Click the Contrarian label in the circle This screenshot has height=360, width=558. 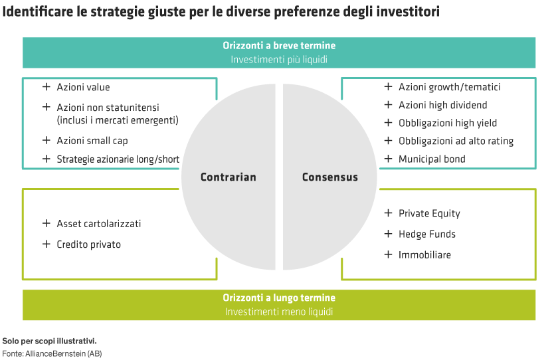pos(228,177)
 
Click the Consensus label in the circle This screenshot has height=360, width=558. pos(329,177)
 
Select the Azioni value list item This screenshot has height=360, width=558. pos(83,88)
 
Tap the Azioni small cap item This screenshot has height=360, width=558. pos(92,141)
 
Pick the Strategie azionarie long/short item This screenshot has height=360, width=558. pos(118,159)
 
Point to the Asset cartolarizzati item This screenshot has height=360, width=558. pos(98,224)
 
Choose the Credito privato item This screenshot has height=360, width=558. pos(88,244)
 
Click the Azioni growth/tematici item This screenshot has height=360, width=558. pos(449,87)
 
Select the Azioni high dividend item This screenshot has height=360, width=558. pos(442,105)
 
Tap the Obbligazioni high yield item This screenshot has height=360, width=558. pos(448,123)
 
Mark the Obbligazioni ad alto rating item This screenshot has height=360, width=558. pos(456,141)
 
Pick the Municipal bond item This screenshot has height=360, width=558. pos(432,159)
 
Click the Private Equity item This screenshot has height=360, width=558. pos(429,214)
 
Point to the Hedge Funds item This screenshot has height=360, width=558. pos(427,234)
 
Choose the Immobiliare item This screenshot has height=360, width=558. pos(424,255)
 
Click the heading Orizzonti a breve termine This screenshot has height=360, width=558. pos(279,46)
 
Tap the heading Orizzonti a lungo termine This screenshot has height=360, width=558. pos(279,298)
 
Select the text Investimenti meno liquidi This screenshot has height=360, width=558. pos(279,312)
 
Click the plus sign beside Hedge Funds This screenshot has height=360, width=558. pos(388,234)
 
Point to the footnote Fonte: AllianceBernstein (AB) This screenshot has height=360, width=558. pos(52,353)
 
